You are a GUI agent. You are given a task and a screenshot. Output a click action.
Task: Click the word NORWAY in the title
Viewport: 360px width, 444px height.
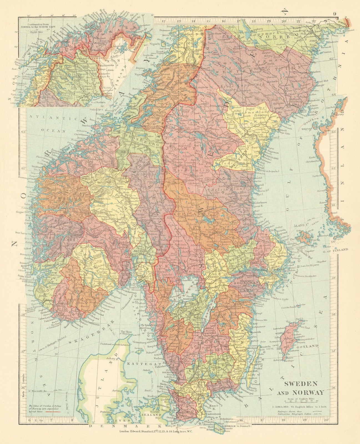(310, 392)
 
